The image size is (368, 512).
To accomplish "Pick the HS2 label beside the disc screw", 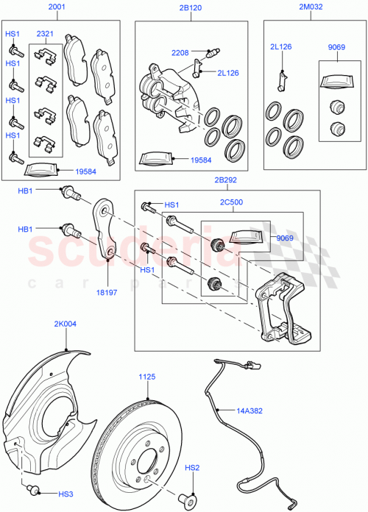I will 191,467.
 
